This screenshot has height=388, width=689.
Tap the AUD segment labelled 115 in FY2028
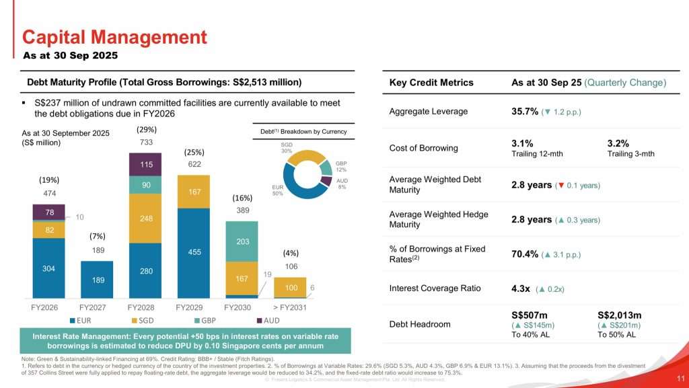point(144,163)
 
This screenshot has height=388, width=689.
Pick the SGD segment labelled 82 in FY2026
point(48,230)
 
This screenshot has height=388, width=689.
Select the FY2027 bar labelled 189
point(96,279)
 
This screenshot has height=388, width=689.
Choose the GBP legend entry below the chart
point(189,320)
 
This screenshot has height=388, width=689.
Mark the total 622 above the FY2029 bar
point(194,163)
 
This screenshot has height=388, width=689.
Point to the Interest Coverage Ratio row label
point(435,288)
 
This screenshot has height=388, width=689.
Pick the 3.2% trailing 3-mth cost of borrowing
point(618,143)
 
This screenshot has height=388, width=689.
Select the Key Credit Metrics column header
point(431,83)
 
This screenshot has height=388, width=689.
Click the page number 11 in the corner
point(680,377)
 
